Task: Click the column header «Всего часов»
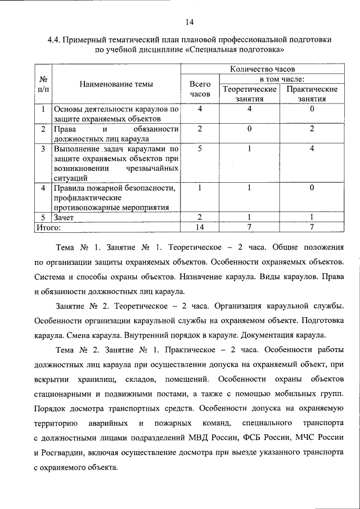(x=200, y=89)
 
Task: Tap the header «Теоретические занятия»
(x=249, y=94)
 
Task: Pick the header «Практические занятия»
(x=312, y=94)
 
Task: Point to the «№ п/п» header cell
(x=43, y=84)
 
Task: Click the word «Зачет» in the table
(x=64, y=217)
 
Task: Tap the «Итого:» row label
(x=48, y=227)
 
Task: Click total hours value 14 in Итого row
(x=200, y=227)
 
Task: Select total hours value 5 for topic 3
(x=200, y=150)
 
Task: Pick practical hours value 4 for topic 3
(x=312, y=150)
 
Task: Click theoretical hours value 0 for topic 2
(x=249, y=129)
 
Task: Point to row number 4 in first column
(x=43, y=187)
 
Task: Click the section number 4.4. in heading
(x=54, y=40)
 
